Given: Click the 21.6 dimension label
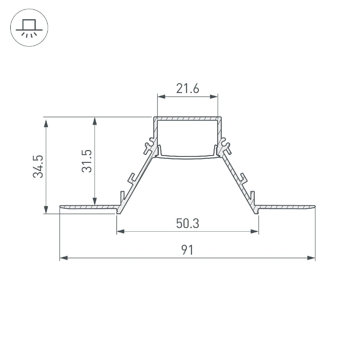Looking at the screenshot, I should click(x=187, y=89).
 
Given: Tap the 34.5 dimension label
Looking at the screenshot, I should click(x=38, y=167).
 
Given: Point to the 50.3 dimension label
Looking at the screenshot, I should click(x=187, y=223).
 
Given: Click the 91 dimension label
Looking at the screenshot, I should click(x=187, y=250).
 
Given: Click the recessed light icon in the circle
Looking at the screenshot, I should click(x=29, y=29).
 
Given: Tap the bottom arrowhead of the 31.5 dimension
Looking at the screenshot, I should click(x=95, y=201).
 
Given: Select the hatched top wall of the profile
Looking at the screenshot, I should click(x=187, y=119).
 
